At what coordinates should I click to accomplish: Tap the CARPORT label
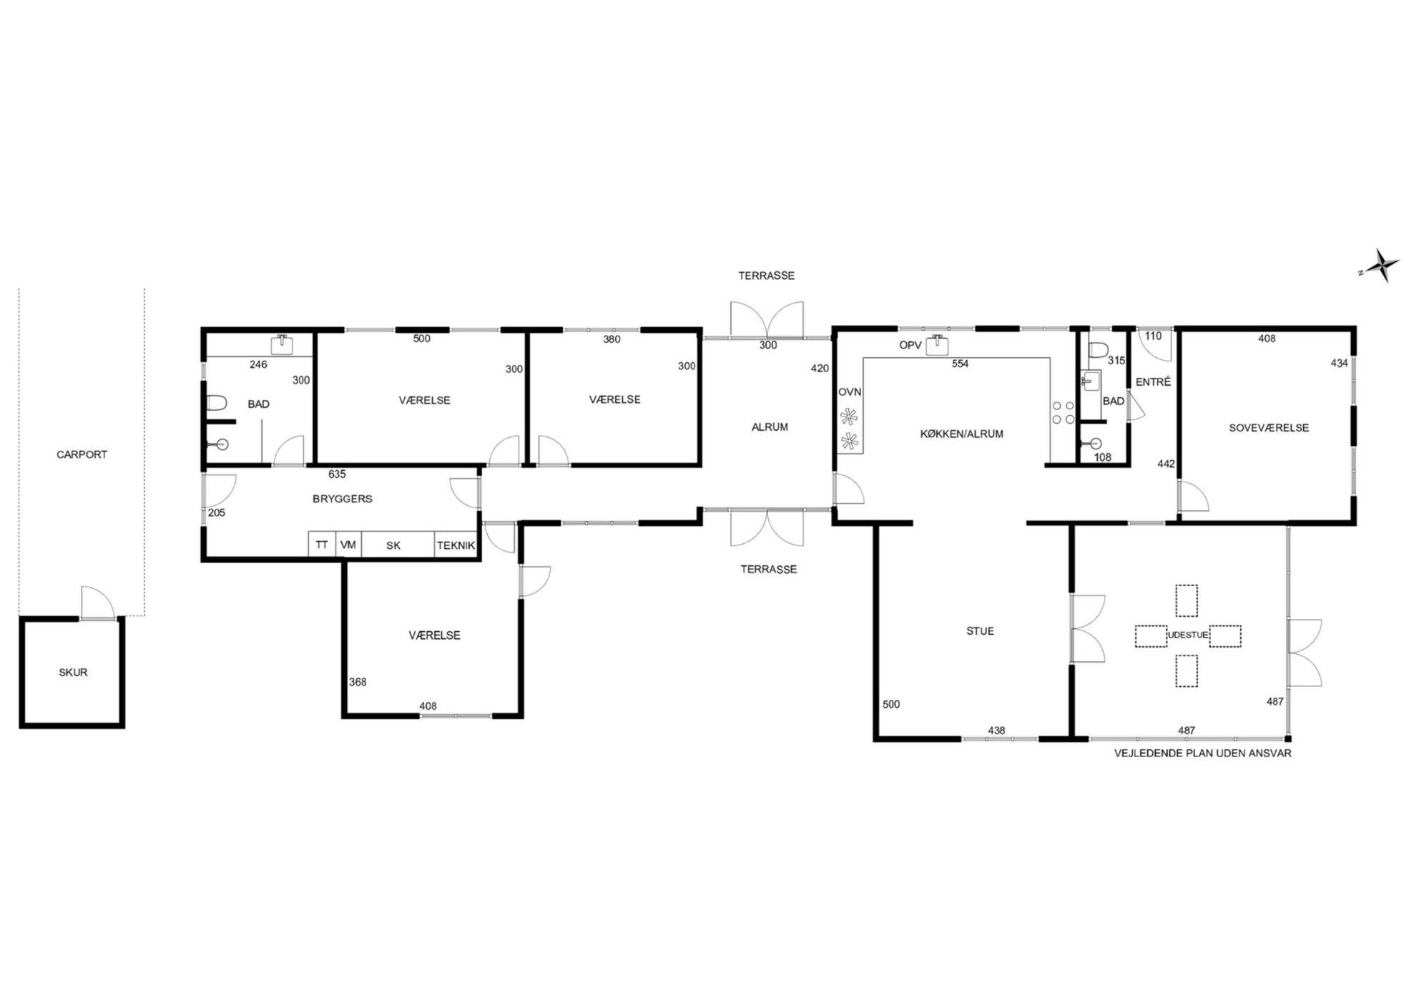pyautogui.click(x=82, y=454)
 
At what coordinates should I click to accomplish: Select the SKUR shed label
pyautogui.click(x=73, y=673)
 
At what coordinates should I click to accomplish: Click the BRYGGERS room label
pyautogui.click(x=342, y=499)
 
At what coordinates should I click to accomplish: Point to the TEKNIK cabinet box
pyautogui.click(x=456, y=545)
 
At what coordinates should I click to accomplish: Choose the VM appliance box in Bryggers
pyautogui.click(x=348, y=545)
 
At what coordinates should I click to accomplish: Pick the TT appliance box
pyautogui.click(x=322, y=545)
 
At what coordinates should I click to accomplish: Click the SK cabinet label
pyautogui.click(x=393, y=545)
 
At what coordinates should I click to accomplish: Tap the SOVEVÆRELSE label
pyautogui.click(x=1269, y=428)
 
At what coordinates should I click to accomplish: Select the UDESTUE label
pyautogui.click(x=1187, y=635)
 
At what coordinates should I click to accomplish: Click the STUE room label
pyautogui.click(x=980, y=631)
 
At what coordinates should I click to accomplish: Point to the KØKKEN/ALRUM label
pyautogui.click(x=961, y=434)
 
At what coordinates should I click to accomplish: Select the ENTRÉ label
pyautogui.click(x=1153, y=382)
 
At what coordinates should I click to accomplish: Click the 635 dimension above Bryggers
pyautogui.click(x=337, y=474)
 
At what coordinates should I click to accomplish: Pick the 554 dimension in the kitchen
pyautogui.click(x=960, y=364)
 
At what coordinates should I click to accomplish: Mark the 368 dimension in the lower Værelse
pyautogui.click(x=358, y=682)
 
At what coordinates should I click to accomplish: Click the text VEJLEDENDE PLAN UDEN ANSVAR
pyautogui.click(x=1203, y=754)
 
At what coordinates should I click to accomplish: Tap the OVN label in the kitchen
pyautogui.click(x=850, y=392)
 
